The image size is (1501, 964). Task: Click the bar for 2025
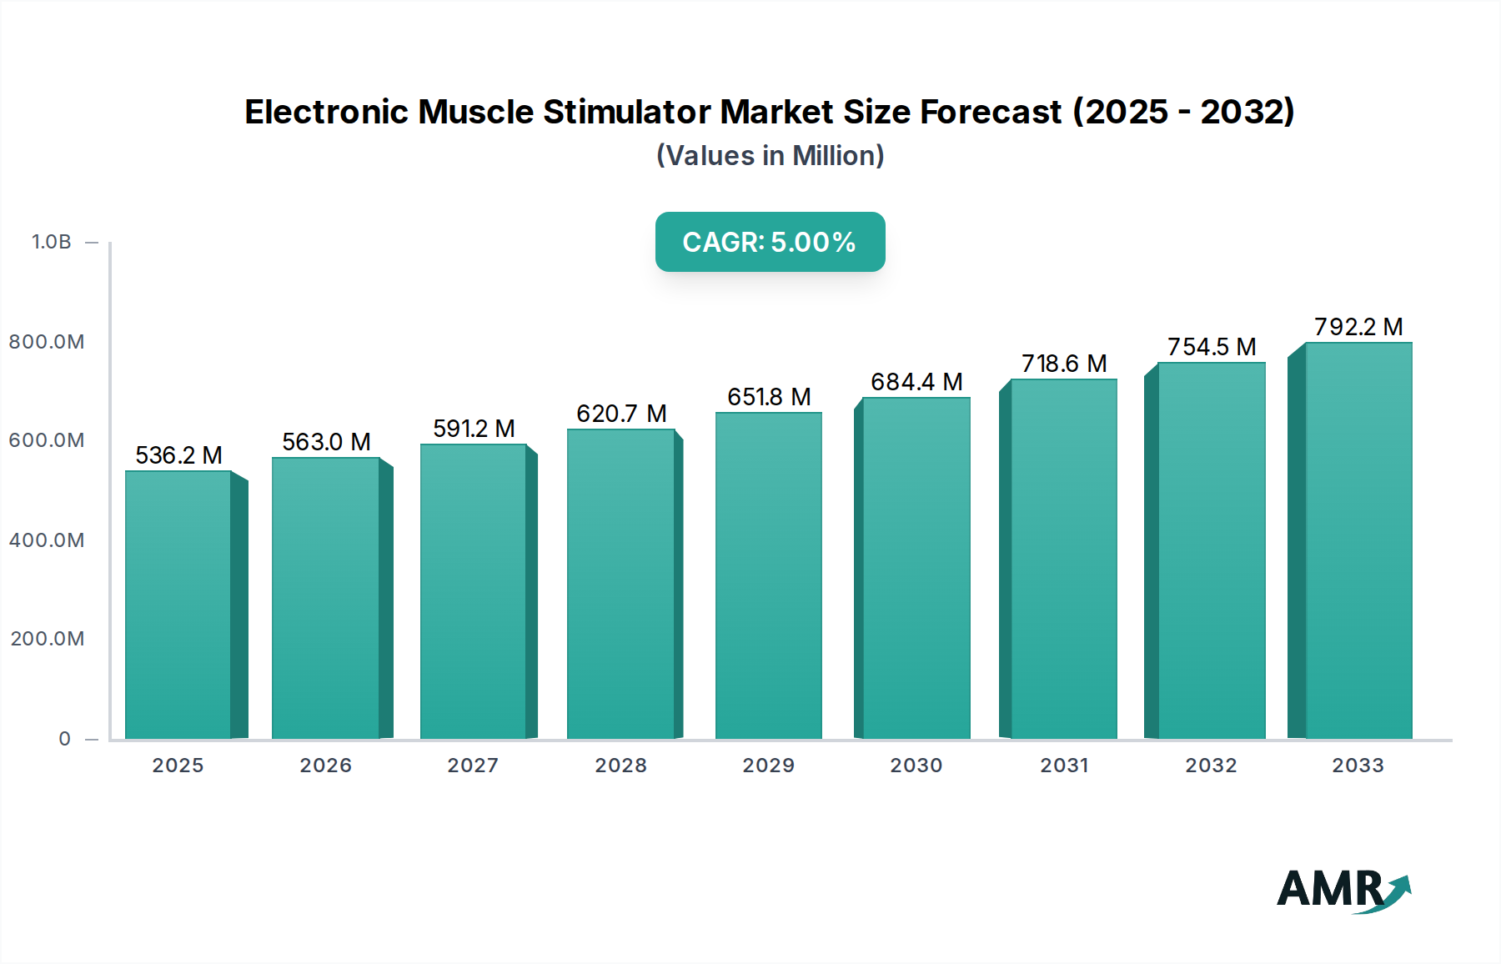click(178, 605)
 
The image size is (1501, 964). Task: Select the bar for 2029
click(768, 575)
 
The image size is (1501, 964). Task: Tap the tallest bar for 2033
click(1358, 540)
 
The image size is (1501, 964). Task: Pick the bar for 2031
click(1063, 559)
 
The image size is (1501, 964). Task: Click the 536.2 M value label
click(178, 455)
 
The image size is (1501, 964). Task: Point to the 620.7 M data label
click(621, 414)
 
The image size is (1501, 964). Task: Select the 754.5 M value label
click(1212, 347)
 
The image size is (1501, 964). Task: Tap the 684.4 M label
click(916, 382)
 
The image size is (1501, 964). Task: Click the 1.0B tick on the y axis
click(52, 242)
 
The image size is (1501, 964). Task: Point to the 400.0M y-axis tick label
click(47, 540)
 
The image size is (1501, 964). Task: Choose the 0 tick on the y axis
click(65, 739)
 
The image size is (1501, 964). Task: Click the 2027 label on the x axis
click(473, 766)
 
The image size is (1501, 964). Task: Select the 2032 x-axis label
click(1211, 766)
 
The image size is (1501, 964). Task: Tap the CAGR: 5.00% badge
click(770, 242)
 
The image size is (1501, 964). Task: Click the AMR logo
click(1343, 890)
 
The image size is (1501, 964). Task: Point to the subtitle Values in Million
click(770, 156)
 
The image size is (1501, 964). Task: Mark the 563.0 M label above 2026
click(326, 442)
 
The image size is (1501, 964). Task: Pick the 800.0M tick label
click(47, 342)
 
